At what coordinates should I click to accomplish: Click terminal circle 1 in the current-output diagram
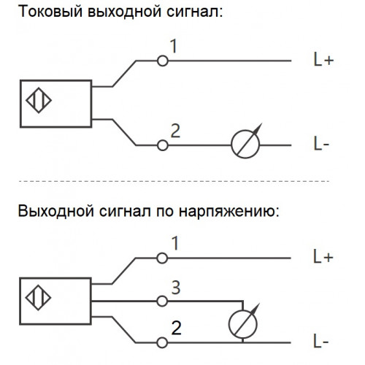[163, 61]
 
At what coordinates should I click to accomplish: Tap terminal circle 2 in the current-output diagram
[163, 145]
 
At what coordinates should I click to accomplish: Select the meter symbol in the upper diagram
[246, 145]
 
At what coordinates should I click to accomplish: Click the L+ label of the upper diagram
[323, 60]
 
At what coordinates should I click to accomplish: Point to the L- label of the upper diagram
[321, 144]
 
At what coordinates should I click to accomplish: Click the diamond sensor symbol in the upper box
[39, 100]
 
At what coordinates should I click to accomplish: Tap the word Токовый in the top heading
[50, 12]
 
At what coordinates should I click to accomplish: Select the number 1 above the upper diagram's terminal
[174, 46]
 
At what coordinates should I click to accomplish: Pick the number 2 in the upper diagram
[175, 131]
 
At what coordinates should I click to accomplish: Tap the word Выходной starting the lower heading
[56, 210]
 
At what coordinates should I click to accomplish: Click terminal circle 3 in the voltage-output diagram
[162, 301]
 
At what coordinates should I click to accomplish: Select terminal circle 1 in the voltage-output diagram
[162, 258]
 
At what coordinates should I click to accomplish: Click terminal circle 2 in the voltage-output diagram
[162, 342]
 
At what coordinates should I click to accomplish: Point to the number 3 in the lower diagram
[176, 288]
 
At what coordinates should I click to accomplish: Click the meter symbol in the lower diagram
[243, 323]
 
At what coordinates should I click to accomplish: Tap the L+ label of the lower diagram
[323, 257]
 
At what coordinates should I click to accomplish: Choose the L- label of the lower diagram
[321, 341]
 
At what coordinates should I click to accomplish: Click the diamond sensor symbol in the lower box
[38, 298]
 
